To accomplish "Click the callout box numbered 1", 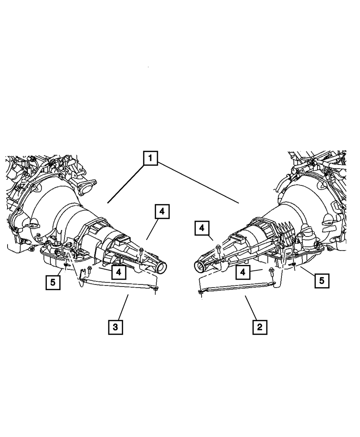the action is pyautogui.click(x=150, y=158).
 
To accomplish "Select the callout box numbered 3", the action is pyautogui.click(x=115, y=327).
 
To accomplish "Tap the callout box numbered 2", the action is pyautogui.click(x=260, y=327).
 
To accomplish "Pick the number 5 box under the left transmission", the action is pyautogui.click(x=53, y=282).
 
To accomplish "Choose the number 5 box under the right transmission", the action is pyautogui.click(x=321, y=280).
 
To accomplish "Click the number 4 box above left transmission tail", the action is pyautogui.click(x=162, y=211).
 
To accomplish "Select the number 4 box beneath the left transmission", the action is pyautogui.click(x=118, y=272).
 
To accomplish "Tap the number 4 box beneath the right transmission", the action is pyautogui.click(x=243, y=272).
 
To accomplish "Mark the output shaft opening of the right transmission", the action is pyautogui.click(x=199, y=267).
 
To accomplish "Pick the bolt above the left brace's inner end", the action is pyautogui.click(x=90, y=269).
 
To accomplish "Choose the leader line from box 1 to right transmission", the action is pyautogui.click(x=198, y=184).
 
